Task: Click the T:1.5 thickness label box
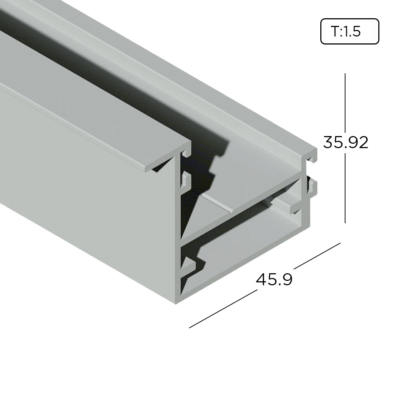click(x=349, y=31)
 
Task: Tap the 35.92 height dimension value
click(x=345, y=142)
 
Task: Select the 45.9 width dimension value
click(x=274, y=279)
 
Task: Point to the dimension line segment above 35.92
click(x=345, y=102)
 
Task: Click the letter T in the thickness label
click(x=335, y=32)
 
